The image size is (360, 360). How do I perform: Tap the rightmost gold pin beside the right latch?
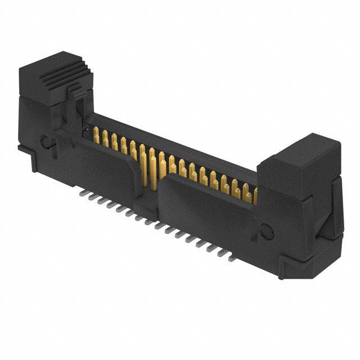pyautogui.click(x=254, y=196)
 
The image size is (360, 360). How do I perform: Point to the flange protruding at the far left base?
pyautogui.click(x=22, y=148)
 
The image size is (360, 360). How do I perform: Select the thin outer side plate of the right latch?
pyautogui.click(x=337, y=208)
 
